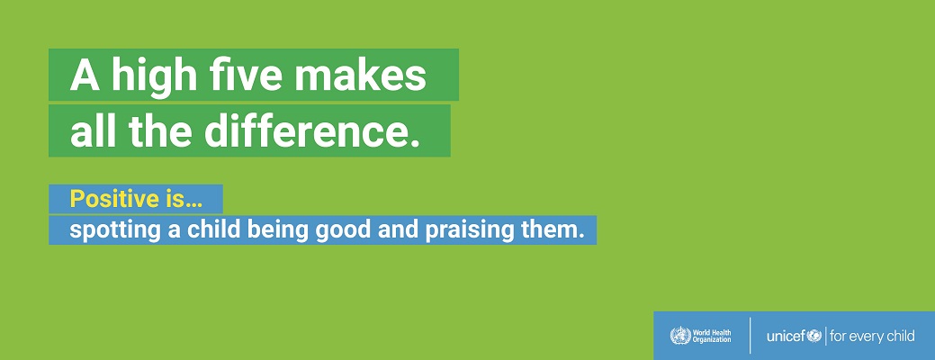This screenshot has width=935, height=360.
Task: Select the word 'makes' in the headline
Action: [360, 75]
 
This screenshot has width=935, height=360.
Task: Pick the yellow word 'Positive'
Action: [112, 199]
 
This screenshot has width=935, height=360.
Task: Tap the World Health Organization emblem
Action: [680, 336]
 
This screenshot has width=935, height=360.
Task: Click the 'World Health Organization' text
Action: [712, 337]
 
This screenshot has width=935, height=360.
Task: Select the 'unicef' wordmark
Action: [787, 337]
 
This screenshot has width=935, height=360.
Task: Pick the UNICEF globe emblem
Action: [814, 337]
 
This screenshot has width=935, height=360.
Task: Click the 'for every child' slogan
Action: [872, 337]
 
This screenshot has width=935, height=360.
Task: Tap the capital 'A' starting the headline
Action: [85, 75]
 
